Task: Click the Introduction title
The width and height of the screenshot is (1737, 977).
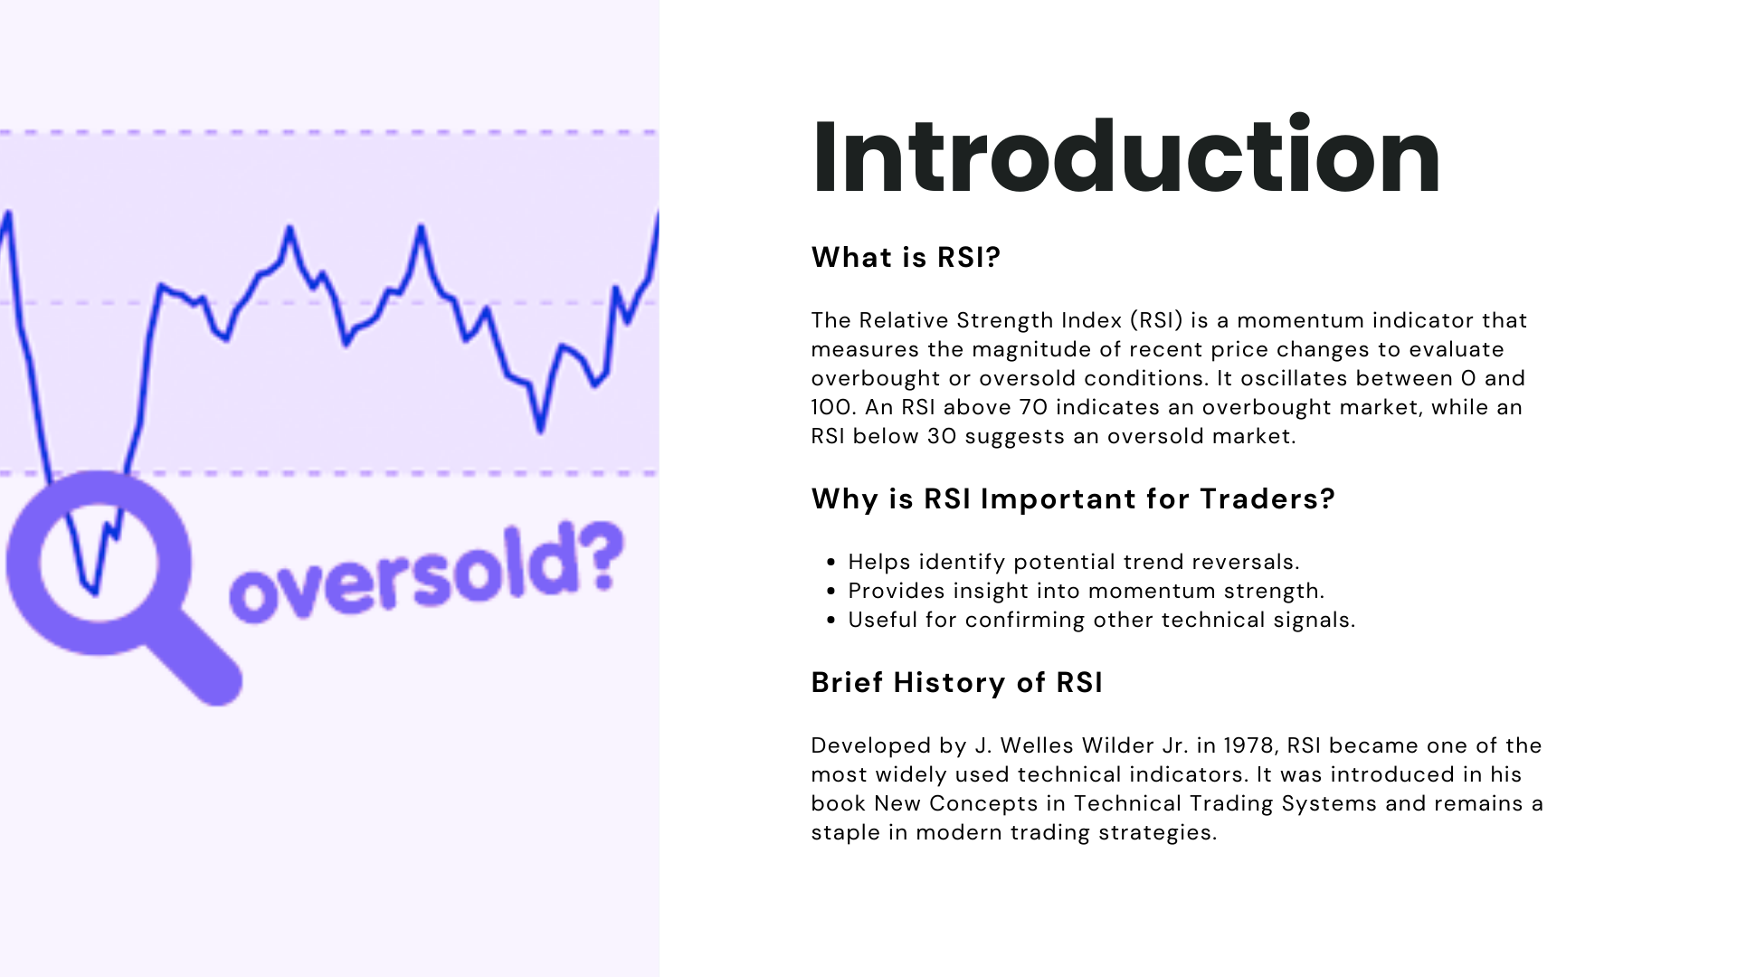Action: click(x=1126, y=156)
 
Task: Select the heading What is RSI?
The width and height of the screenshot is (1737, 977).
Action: click(x=906, y=257)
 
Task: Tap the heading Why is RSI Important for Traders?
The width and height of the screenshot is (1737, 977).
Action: click(x=1073, y=498)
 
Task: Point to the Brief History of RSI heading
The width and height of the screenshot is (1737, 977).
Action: click(x=957, y=682)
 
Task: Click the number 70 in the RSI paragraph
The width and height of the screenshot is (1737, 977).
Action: click(x=1034, y=407)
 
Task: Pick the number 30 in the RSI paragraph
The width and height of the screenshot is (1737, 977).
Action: click(x=942, y=436)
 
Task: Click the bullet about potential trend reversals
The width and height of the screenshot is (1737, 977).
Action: click(x=1074, y=562)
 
